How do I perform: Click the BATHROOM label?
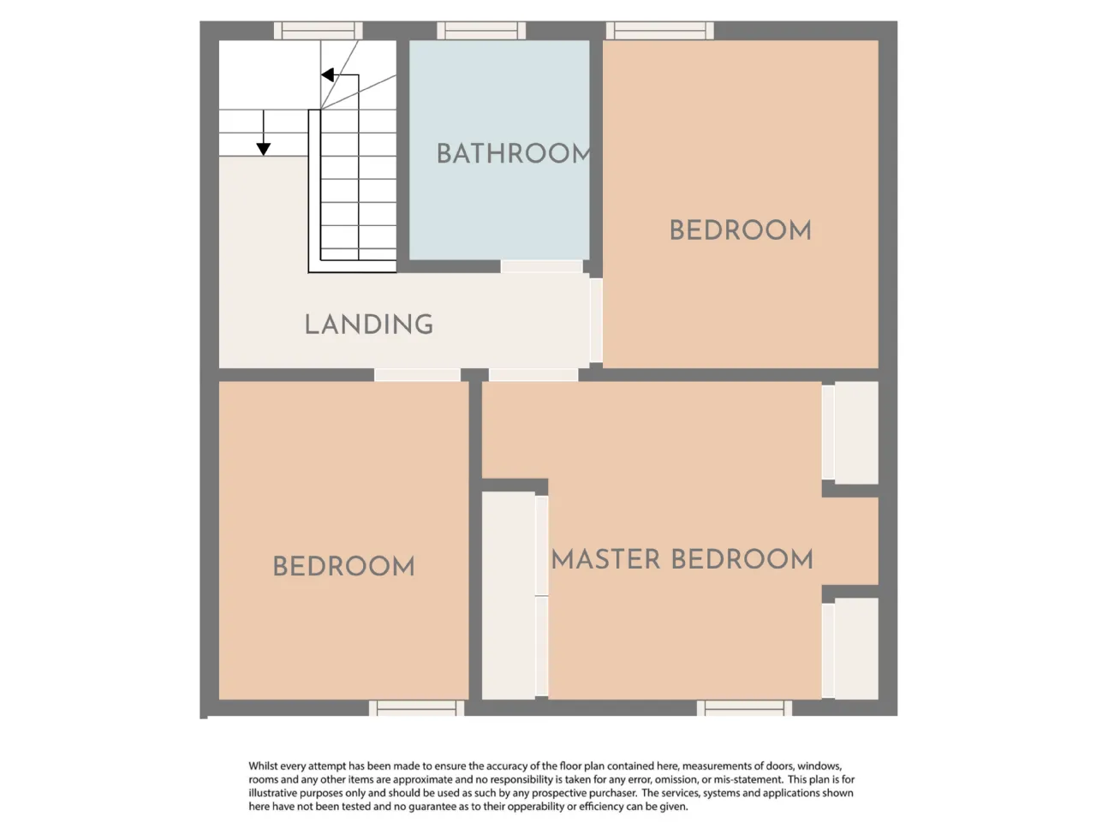(x=514, y=153)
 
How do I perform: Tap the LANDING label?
(x=368, y=325)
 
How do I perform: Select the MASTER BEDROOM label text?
(x=682, y=559)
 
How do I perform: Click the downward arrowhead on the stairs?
(x=263, y=149)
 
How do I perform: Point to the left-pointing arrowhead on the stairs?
(x=328, y=74)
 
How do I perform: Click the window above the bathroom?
(x=481, y=31)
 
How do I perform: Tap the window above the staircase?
(x=318, y=31)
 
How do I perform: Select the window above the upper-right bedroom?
(x=660, y=31)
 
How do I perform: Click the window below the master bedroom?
(x=744, y=708)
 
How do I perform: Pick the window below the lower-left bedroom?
(x=416, y=708)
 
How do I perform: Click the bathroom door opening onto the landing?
(x=542, y=266)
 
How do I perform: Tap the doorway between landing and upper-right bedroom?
(x=596, y=320)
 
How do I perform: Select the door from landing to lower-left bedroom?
(x=418, y=375)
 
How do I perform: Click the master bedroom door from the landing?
(x=533, y=375)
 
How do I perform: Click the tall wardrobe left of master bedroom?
(x=515, y=595)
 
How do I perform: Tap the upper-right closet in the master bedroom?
(x=850, y=432)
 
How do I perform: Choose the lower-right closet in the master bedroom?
(x=850, y=648)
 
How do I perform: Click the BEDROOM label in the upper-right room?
(x=741, y=230)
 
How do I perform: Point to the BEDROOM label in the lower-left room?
(x=343, y=567)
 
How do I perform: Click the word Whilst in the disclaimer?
(x=263, y=766)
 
